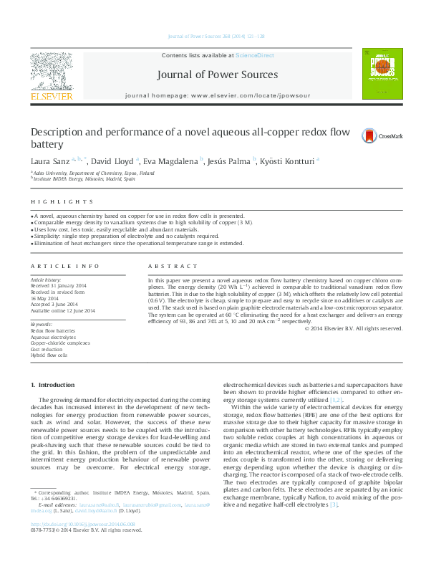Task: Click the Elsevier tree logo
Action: tap(50, 71)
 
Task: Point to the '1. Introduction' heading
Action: tap(55, 385)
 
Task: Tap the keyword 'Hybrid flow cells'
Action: tap(49, 355)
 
